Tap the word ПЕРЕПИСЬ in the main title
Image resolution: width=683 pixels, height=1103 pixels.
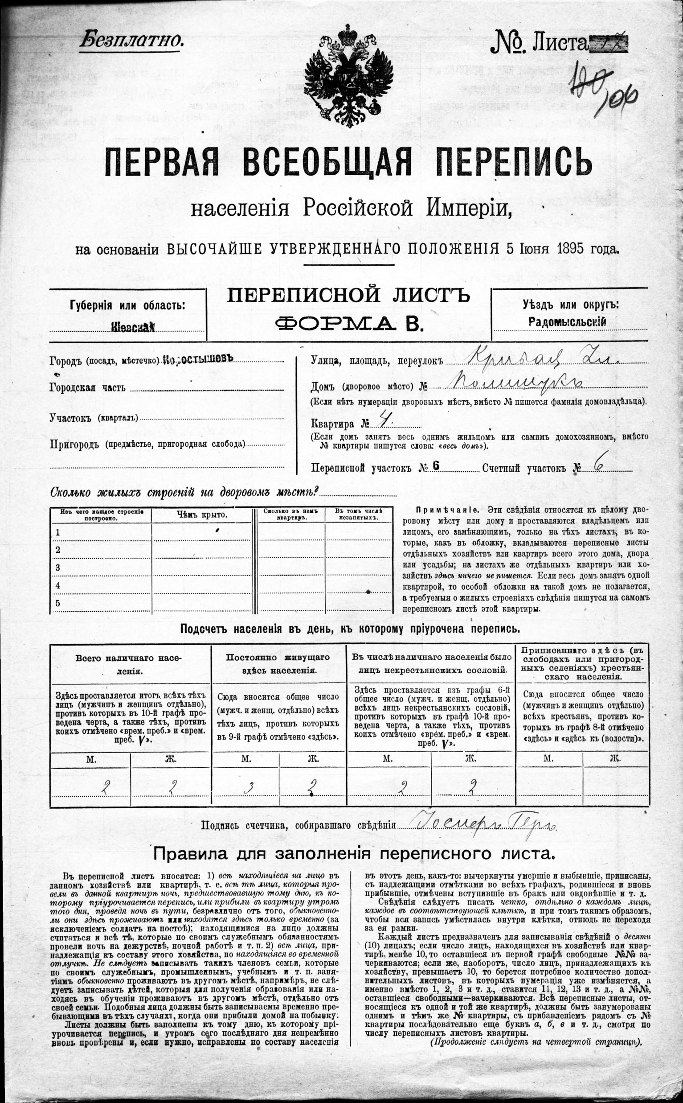click(515, 162)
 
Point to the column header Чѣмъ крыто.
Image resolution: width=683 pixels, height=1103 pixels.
click(202, 514)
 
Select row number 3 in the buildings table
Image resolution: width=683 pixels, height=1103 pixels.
click(57, 568)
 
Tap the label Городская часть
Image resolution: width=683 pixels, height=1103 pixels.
click(88, 388)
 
